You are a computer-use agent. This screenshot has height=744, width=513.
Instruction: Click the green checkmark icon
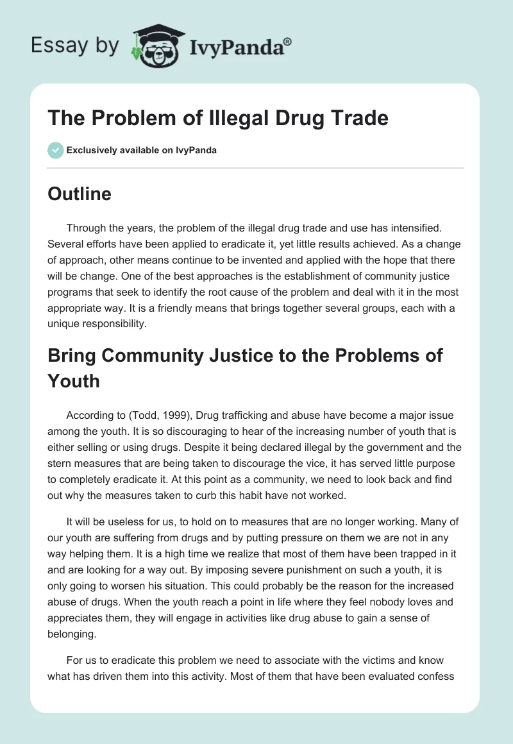(55, 150)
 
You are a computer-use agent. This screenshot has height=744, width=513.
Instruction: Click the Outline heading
(80, 194)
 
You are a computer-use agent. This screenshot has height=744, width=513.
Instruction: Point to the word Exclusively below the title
(90, 151)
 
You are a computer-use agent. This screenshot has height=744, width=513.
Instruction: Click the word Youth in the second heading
(74, 381)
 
